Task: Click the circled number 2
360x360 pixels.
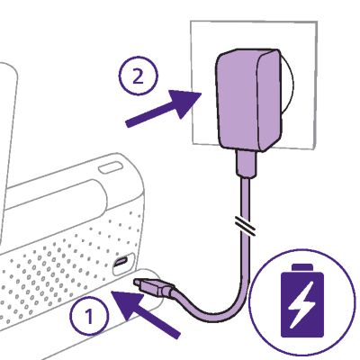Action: [139, 76]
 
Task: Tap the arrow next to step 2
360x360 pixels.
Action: [163, 109]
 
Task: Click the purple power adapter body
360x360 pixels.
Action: [249, 100]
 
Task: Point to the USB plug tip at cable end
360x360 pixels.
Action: [138, 282]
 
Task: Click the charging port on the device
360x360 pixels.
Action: [121, 262]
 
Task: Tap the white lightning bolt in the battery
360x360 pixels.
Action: [302, 304]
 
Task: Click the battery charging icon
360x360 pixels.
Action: [302, 301]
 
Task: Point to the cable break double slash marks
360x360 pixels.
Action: [245, 226]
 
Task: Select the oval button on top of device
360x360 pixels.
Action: [111, 167]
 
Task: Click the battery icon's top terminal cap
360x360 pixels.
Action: [302, 266]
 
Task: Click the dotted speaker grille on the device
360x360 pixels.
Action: [65, 265]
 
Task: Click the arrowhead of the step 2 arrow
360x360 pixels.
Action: [184, 103]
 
